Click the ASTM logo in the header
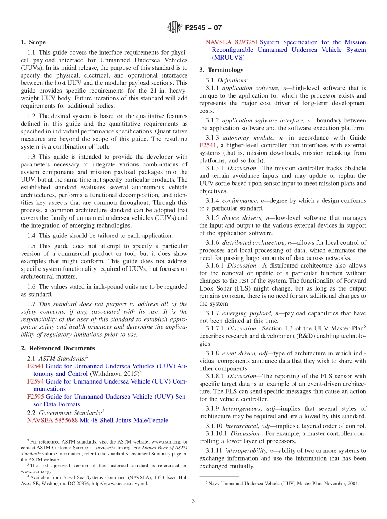point(174,28)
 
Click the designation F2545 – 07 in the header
point(203,28)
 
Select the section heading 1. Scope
point(33,42)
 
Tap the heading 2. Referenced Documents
point(58,348)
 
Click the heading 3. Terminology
point(221,70)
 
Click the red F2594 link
point(35,381)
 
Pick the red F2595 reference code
point(35,397)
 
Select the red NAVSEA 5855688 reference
point(52,420)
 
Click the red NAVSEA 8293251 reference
point(232,42)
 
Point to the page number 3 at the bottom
point(193,501)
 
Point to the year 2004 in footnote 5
point(353,484)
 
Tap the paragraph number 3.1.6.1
point(215,265)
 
